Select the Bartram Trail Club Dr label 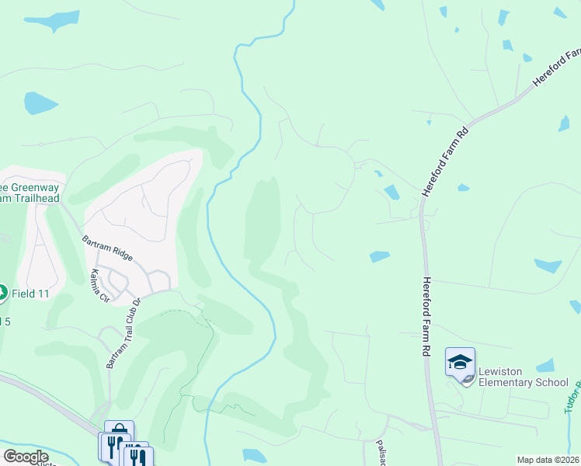124,333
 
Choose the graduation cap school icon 460,362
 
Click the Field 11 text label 33,294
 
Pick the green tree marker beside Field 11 2,293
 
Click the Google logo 26,457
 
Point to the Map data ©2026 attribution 548,460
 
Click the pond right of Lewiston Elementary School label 546,365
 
